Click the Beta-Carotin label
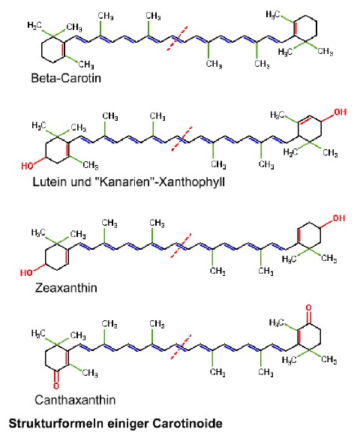[66, 78]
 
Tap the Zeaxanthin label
[66, 288]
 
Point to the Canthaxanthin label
[75, 400]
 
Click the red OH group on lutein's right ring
[340, 112]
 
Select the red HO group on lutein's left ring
[27, 166]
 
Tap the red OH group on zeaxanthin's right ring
[339, 218]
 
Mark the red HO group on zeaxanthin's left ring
[26, 272]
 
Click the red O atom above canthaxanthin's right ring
[309, 307]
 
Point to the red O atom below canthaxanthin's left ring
[56, 385]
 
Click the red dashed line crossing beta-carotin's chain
[177, 38]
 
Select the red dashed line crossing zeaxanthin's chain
[181, 245]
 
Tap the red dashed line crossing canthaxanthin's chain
[181, 346]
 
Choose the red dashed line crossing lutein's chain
[181, 139]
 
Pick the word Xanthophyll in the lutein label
[192, 182]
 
